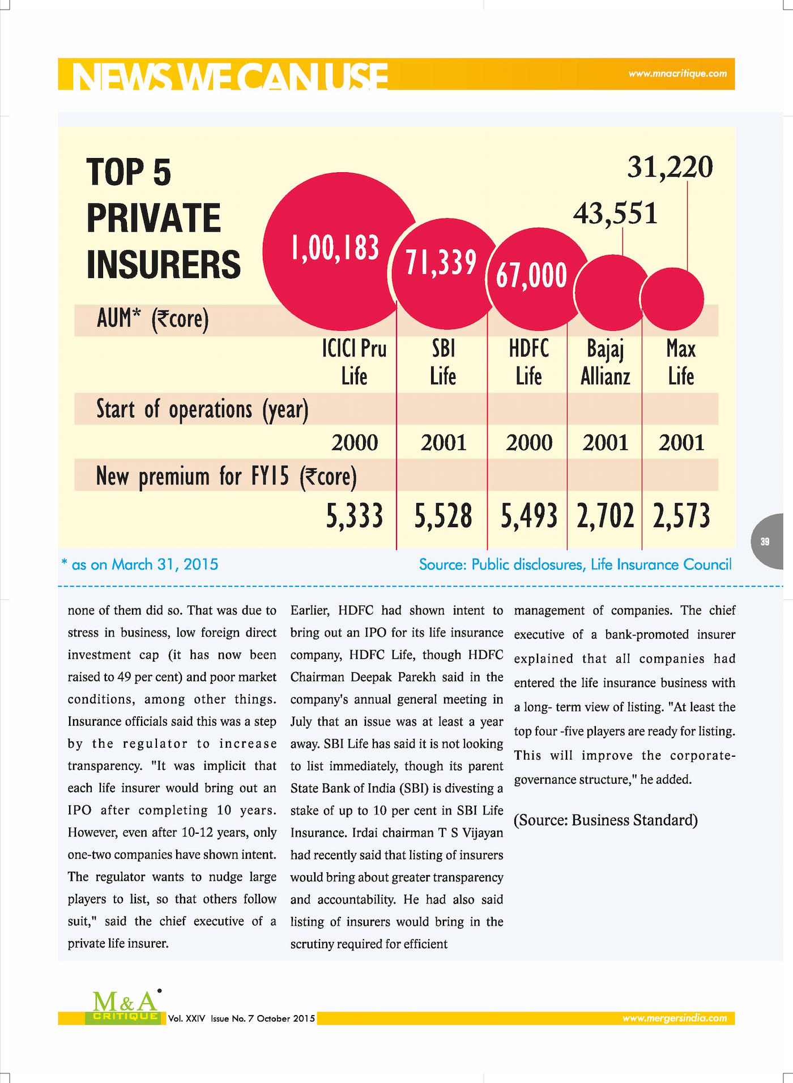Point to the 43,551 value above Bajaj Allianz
click(x=615, y=214)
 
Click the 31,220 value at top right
click(x=670, y=167)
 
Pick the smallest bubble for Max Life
click(x=673, y=299)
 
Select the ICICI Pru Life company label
click(x=355, y=363)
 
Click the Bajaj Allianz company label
click(x=606, y=363)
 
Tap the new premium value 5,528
click(x=443, y=516)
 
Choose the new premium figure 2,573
click(x=681, y=516)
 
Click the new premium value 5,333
click(x=355, y=516)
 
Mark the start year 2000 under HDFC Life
click(x=529, y=442)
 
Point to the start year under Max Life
click(x=681, y=442)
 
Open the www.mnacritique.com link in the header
click(x=677, y=74)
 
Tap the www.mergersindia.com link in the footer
click(x=675, y=1018)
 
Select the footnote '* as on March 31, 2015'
click(x=140, y=564)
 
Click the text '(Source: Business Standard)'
click(x=606, y=820)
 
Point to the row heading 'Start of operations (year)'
click(x=202, y=410)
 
